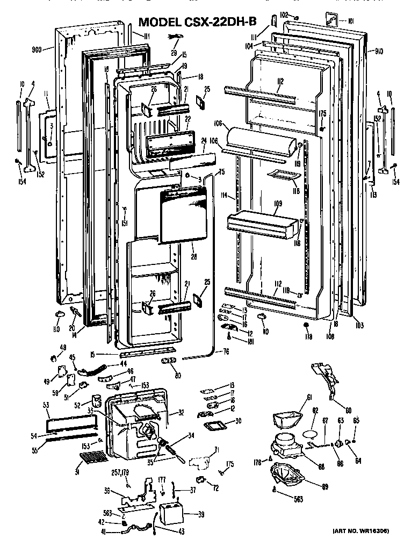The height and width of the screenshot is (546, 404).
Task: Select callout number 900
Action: [37, 49]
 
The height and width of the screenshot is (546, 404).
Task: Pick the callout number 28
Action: [193, 257]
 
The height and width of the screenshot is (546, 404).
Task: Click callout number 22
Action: [188, 119]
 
